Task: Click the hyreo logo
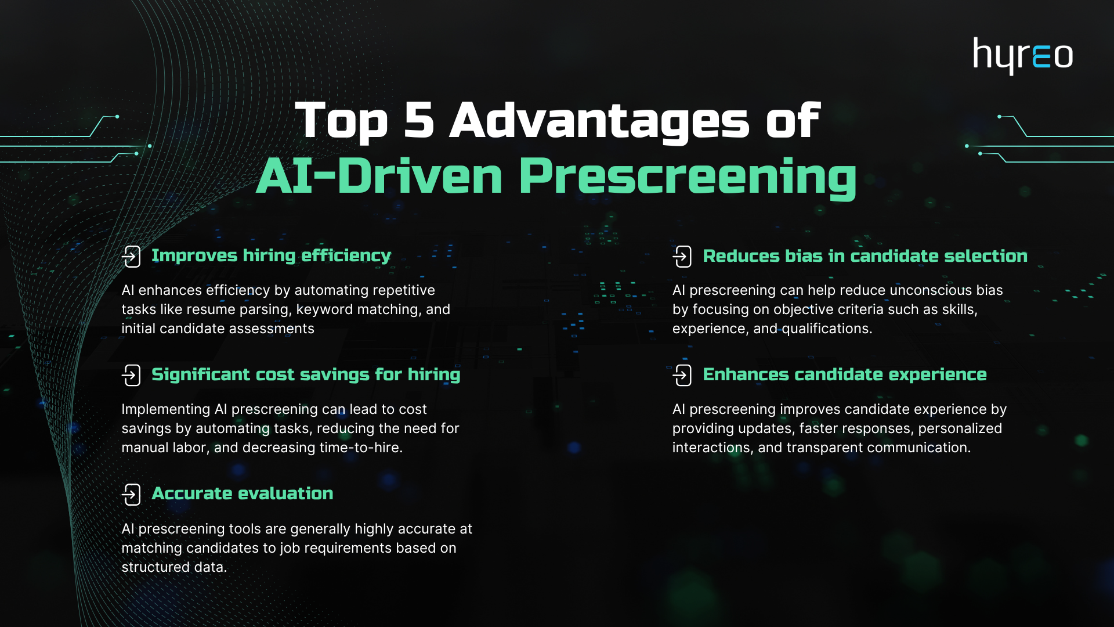coord(1023,56)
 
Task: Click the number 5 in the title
coord(419,120)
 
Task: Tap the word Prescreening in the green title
coord(688,176)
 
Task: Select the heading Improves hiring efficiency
coord(271,256)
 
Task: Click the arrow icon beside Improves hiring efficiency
coord(131,256)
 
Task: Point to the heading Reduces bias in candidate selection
coord(865,256)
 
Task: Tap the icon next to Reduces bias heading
coord(682,256)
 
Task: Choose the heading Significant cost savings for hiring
coord(306,375)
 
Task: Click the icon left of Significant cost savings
coord(131,375)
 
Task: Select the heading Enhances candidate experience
coord(845,375)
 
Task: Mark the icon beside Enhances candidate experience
coord(682,375)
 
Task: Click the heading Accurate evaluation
coord(243,493)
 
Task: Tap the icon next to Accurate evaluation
coord(131,495)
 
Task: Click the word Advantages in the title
coord(600,121)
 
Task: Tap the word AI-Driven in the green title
coord(380,176)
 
